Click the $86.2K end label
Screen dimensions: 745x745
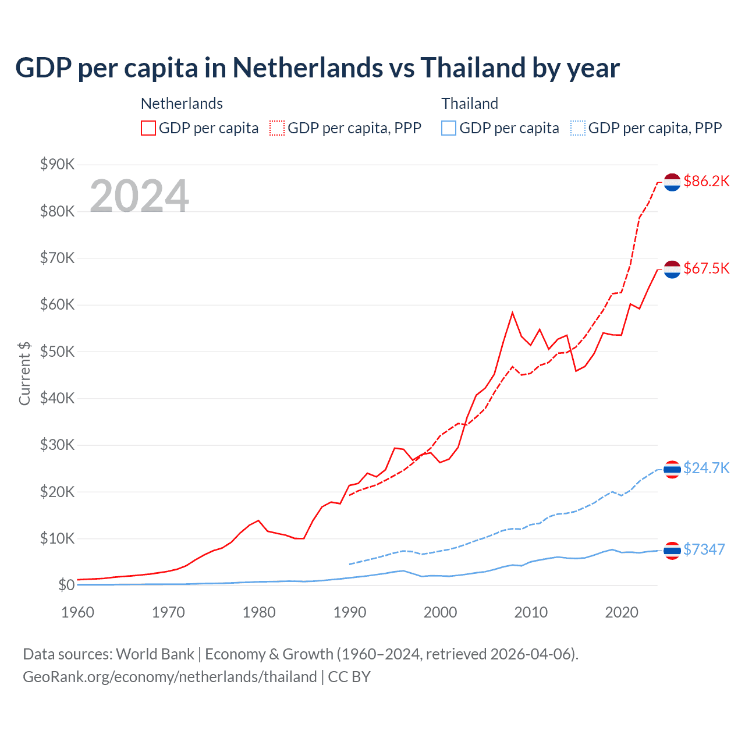(706, 182)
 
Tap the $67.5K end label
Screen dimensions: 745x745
(706, 268)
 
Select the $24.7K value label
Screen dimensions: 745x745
(706, 469)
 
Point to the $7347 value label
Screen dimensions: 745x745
(704, 549)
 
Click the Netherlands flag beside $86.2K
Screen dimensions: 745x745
(672, 182)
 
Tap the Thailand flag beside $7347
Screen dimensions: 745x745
(672, 550)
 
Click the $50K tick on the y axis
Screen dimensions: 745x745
(57, 352)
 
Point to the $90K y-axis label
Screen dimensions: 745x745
(57, 165)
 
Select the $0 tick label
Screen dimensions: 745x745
(66, 585)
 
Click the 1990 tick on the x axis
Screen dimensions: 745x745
(350, 612)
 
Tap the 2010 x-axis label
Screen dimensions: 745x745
(531, 612)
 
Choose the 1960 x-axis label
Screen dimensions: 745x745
(78, 612)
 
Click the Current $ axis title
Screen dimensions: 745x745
(24, 373)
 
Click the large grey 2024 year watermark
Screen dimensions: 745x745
(139, 196)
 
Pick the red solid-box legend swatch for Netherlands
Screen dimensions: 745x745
(148, 128)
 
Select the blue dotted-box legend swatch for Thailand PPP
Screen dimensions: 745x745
(578, 128)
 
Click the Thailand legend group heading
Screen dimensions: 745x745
(470, 104)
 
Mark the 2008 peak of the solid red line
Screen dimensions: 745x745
(512, 313)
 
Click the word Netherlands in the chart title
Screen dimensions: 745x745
(307, 68)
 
